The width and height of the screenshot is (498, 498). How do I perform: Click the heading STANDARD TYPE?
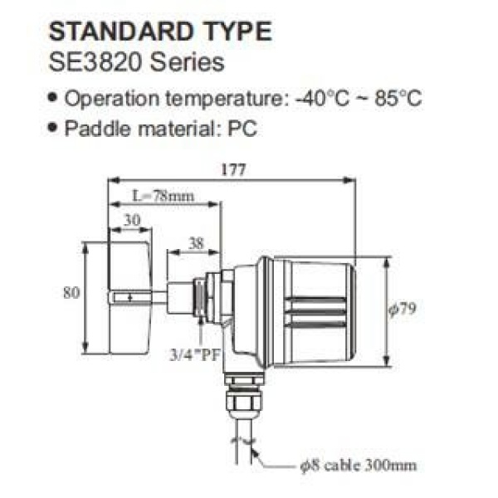[160, 32]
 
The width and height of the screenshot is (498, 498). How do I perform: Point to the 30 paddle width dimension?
[130, 220]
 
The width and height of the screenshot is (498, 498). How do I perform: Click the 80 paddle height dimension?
[72, 292]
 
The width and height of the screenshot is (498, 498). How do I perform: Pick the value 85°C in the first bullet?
[396, 99]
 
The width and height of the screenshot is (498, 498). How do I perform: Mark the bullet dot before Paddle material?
[55, 129]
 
